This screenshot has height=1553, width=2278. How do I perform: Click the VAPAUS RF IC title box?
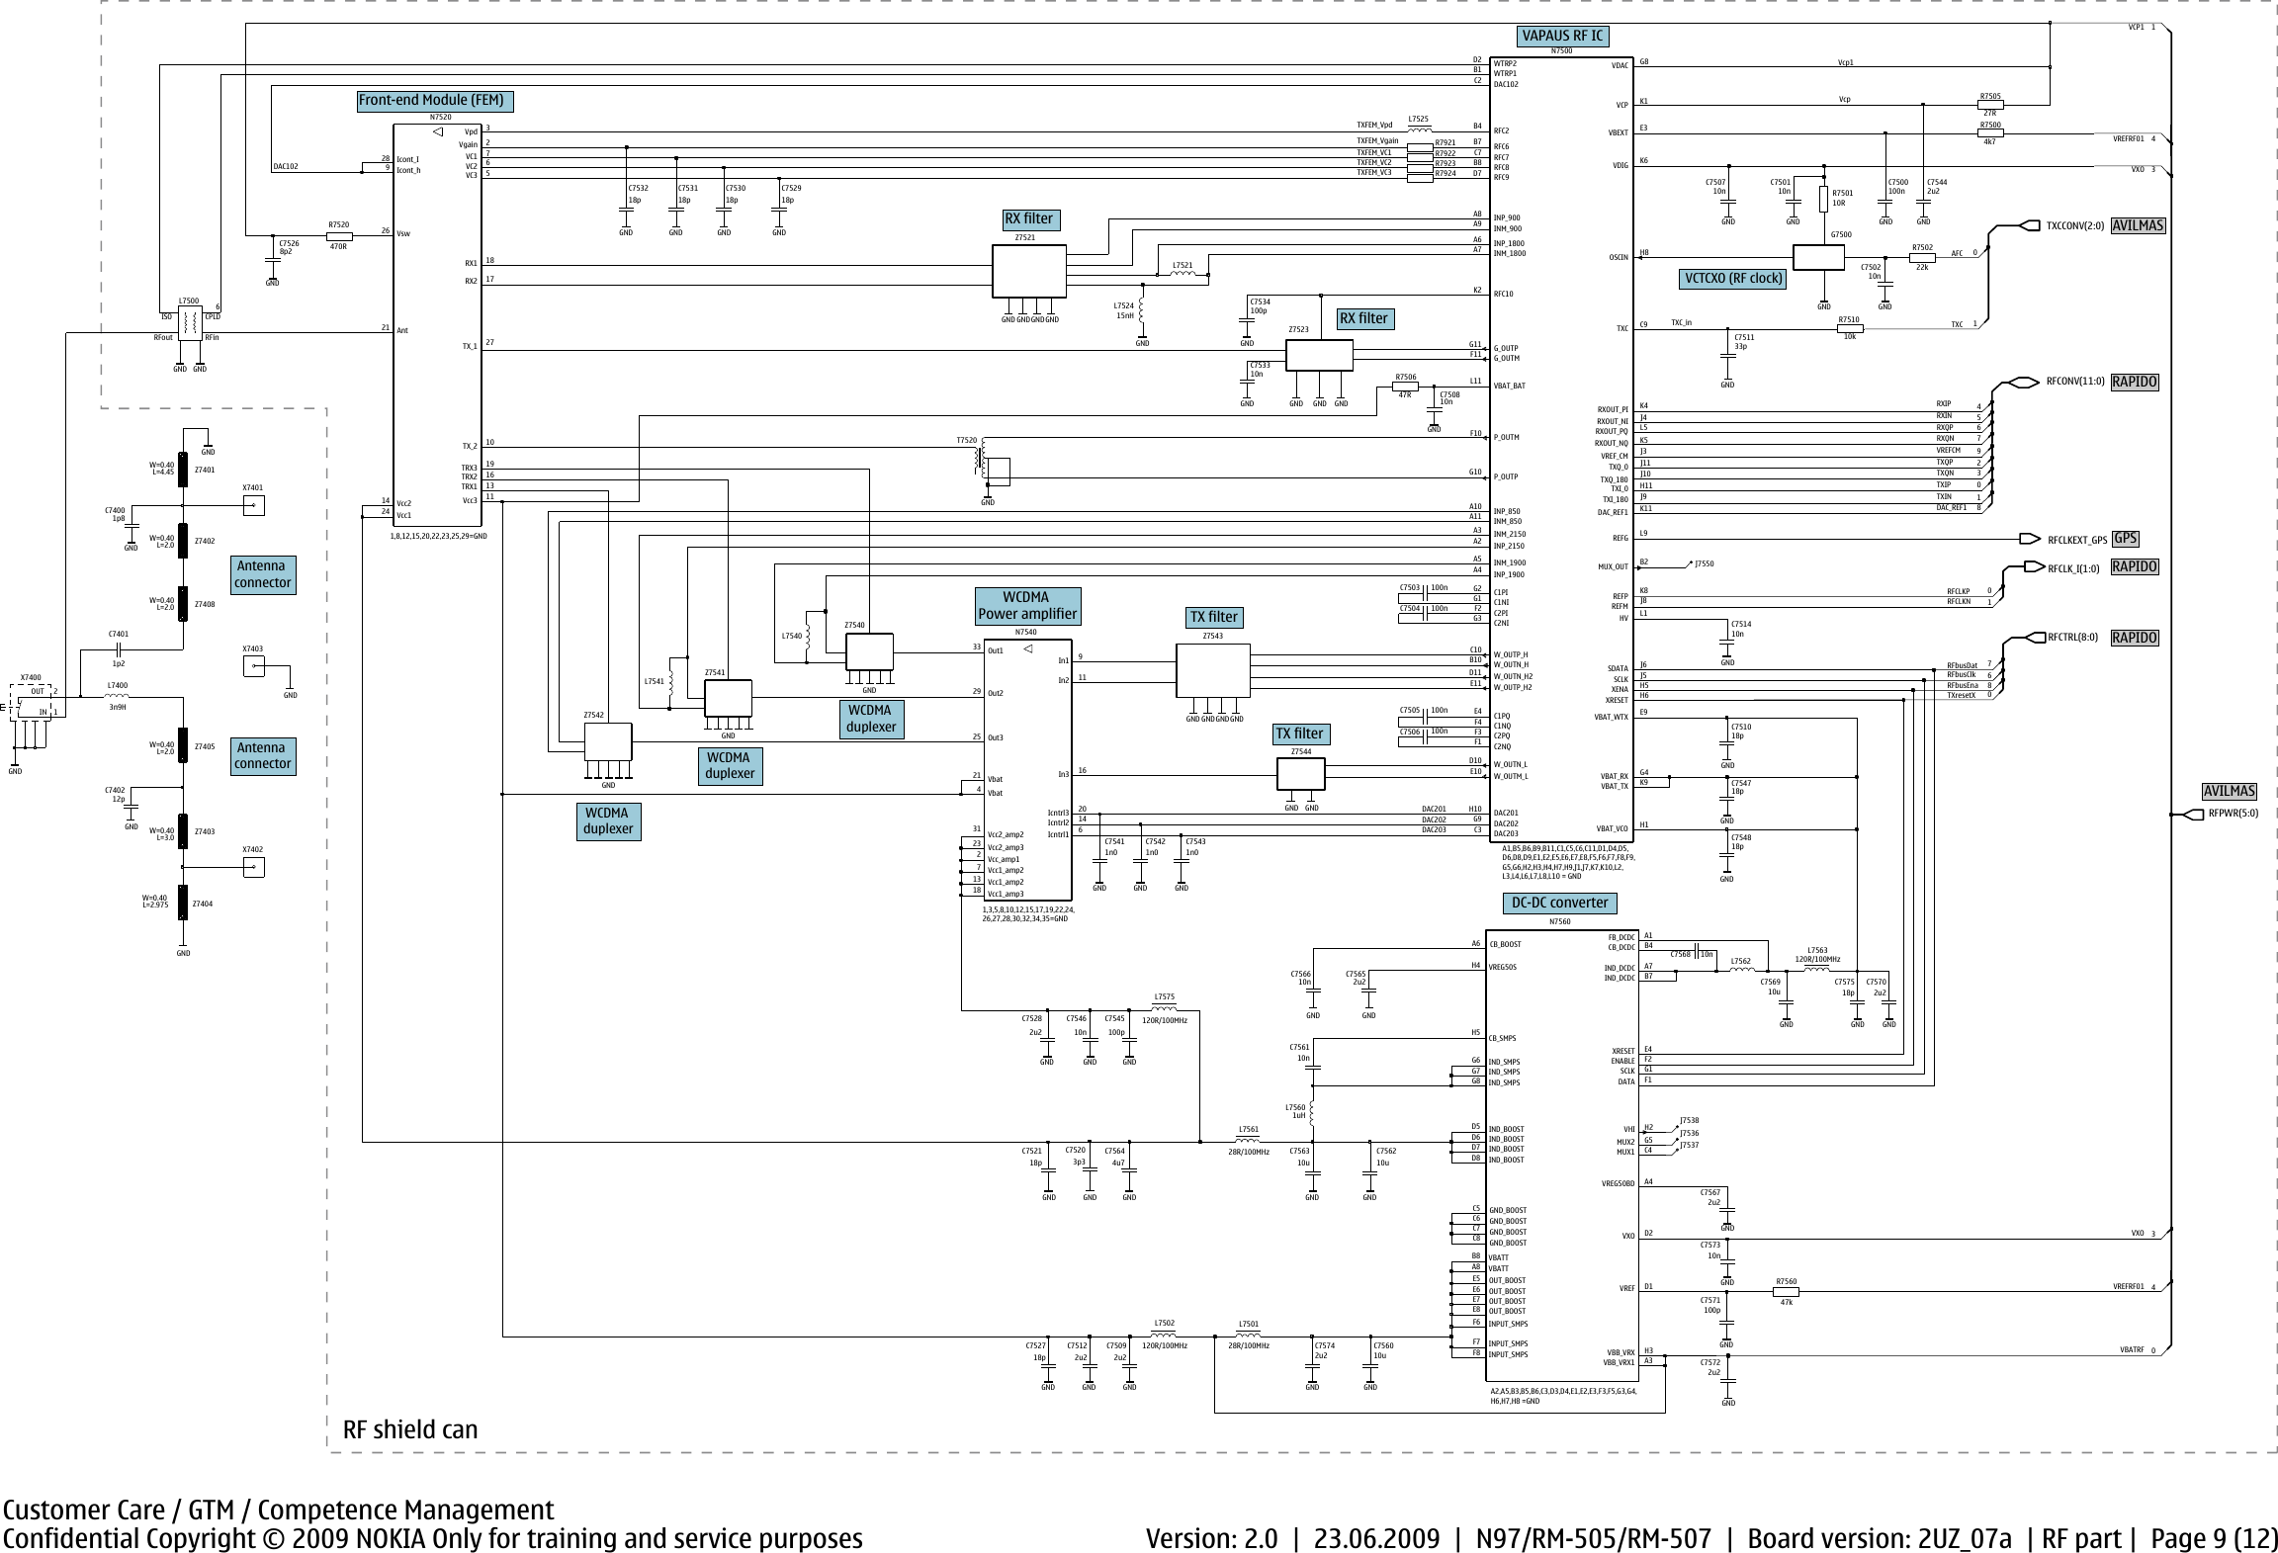1562,37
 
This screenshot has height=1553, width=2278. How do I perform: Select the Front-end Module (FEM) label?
431,101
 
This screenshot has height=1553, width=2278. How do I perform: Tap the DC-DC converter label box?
1560,903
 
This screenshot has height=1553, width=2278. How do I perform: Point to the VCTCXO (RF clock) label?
1733,279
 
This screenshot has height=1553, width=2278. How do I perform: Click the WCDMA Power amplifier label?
1027,606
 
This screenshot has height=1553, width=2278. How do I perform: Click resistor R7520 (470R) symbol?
339,236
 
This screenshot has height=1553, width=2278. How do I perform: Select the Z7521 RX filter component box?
1028,271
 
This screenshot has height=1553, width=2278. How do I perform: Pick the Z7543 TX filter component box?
1212,670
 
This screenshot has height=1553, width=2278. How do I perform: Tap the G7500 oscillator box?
1818,257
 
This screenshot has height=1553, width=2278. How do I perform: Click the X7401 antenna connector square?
254,506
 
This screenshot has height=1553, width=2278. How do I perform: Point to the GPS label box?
2126,539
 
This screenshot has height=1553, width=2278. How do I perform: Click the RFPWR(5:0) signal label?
2234,815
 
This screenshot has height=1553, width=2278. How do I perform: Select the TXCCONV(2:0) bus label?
2075,225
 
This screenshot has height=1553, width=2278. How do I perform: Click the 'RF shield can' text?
410,1429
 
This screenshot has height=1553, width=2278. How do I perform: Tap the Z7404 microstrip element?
183,903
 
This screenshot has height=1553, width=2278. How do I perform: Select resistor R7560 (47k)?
1787,1290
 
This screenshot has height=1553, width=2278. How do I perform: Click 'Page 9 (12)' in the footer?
2214,1538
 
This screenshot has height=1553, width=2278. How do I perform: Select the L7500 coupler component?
190,321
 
